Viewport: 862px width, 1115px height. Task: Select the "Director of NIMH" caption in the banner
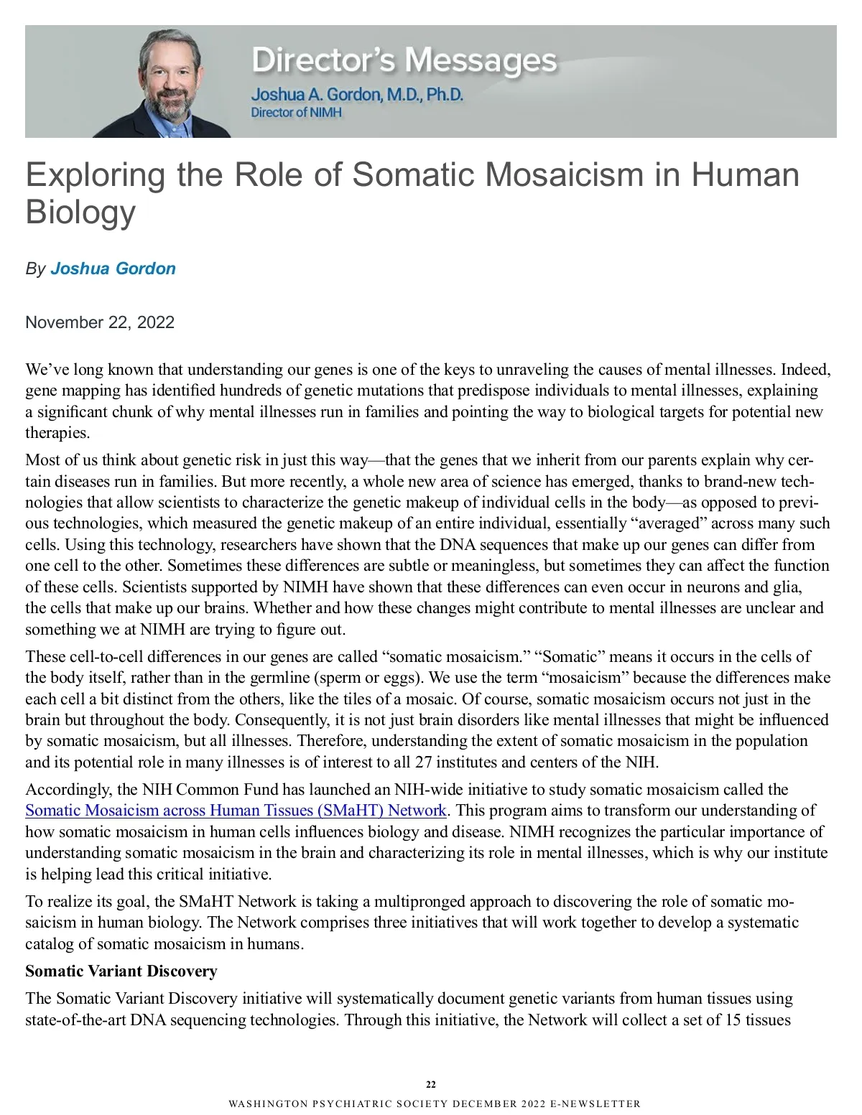pos(296,113)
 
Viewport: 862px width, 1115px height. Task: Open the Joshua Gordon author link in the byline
pos(113,269)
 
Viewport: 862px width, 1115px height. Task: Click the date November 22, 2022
pos(100,322)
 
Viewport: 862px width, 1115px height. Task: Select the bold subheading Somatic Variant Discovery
pos(121,971)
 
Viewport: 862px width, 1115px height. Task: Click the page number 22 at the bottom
pos(431,1084)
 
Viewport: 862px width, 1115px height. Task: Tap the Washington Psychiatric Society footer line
pos(435,1104)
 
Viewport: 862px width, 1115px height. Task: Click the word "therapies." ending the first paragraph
pos(57,433)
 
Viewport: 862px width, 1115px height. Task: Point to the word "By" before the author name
pos(35,269)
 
